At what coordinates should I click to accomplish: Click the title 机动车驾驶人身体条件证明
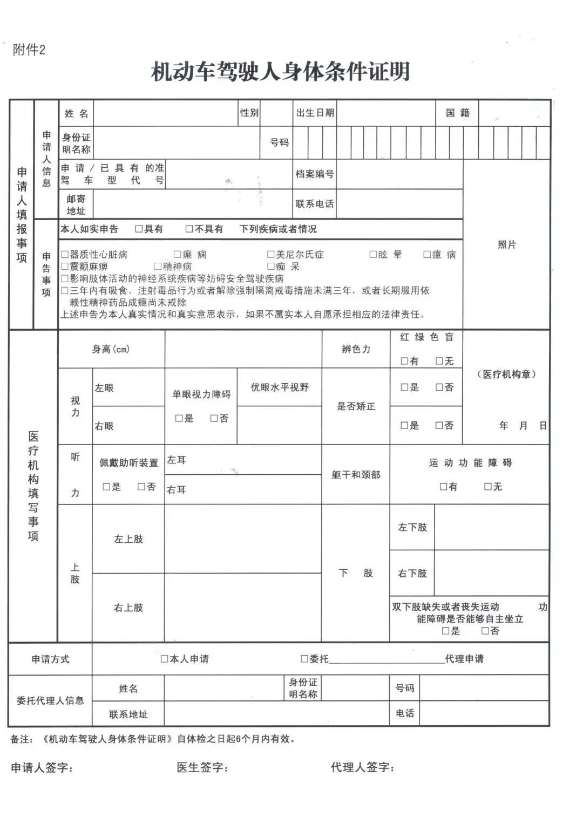pyautogui.click(x=281, y=72)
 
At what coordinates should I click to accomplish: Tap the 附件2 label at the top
pyautogui.click(x=29, y=50)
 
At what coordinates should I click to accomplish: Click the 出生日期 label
pyautogui.click(x=315, y=113)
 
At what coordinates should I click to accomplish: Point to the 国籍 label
pyautogui.click(x=457, y=113)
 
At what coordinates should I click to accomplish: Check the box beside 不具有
pyautogui.click(x=189, y=229)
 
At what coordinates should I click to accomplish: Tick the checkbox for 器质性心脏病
pyautogui.click(x=65, y=254)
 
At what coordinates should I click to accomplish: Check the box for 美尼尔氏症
pyautogui.click(x=271, y=254)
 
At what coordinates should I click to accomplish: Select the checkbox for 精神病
pyautogui.click(x=158, y=266)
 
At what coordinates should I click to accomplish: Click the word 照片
pyautogui.click(x=506, y=245)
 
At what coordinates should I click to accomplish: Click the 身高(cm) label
pyautogui.click(x=111, y=350)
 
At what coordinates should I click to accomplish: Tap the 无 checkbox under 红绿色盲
pyautogui.click(x=439, y=361)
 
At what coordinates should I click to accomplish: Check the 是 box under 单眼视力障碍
pyautogui.click(x=179, y=418)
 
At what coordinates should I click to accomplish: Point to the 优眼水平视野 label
pyautogui.click(x=280, y=387)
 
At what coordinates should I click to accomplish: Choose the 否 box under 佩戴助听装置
pyautogui.click(x=141, y=487)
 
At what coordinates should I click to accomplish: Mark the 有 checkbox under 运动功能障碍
pyautogui.click(x=444, y=487)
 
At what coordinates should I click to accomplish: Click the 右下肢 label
pyautogui.click(x=412, y=574)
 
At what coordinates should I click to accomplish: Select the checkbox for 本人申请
pyautogui.click(x=165, y=659)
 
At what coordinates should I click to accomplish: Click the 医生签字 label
pyautogui.click(x=202, y=767)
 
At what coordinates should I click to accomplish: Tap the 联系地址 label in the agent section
pyautogui.click(x=128, y=714)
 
